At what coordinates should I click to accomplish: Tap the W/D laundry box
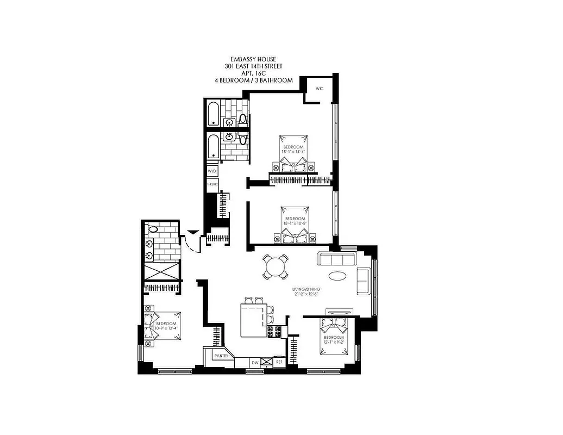click(212, 171)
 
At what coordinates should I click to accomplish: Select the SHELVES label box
click(212, 184)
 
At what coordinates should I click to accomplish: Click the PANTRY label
click(221, 356)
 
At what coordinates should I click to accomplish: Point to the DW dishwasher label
click(254, 362)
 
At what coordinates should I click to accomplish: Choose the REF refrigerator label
click(279, 362)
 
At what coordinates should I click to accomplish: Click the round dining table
click(276, 268)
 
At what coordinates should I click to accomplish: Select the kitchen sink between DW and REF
click(266, 362)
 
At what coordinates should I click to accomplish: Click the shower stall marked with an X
click(161, 271)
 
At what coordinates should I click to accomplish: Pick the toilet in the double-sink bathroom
click(152, 228)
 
